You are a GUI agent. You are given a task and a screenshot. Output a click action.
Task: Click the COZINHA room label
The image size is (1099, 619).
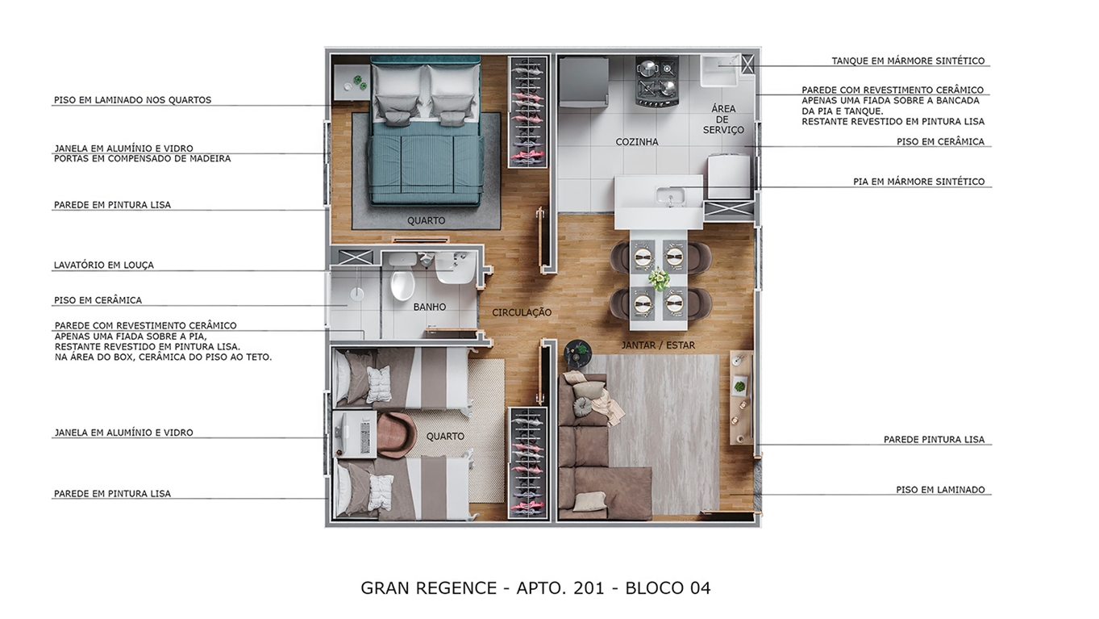point(636,142)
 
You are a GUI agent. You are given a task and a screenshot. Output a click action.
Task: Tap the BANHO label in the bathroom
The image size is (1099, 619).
point(429,307)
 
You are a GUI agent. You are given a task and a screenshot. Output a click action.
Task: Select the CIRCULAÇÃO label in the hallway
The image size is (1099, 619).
point(522,312)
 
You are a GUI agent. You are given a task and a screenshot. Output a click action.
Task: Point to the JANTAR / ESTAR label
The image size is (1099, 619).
point(658,345)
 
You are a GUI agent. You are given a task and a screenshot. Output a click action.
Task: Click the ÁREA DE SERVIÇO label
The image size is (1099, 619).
point(722,119)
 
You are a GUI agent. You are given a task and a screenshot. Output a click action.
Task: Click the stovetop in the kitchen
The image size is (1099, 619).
point(657,81)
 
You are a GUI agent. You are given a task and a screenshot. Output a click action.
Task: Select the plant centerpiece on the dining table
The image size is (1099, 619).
point(659,279)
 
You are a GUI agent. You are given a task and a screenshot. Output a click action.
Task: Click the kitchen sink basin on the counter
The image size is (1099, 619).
point(668,195)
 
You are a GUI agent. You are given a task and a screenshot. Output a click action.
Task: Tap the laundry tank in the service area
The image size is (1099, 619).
point(718,71)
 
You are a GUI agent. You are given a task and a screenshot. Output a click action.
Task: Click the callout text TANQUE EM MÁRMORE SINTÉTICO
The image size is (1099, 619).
point(908,61)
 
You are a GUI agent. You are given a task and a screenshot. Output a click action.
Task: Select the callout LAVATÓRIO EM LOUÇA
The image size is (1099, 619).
point(103,265)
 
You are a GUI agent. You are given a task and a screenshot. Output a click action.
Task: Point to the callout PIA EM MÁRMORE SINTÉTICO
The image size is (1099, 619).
point(918,182)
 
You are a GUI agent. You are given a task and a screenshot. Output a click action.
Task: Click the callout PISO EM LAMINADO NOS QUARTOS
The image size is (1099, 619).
point(132,100)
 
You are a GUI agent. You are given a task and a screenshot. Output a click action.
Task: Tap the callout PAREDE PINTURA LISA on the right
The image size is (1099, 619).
point(934,440)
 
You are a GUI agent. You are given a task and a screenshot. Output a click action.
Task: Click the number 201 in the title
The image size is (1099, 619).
point(589,588)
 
